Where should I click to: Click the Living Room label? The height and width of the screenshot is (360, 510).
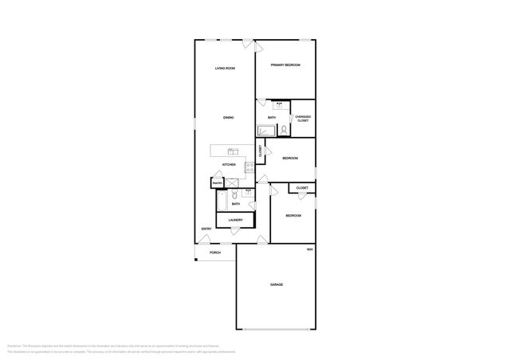tap(225, 68)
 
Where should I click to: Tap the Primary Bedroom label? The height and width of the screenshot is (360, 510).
tap(284, 65)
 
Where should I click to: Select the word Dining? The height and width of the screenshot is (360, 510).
tap(228, 118)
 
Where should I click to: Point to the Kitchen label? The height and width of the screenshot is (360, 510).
tap(229, 165)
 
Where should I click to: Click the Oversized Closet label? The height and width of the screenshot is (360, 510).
tap(303, 119)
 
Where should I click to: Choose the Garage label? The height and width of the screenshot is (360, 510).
tap(276, 284)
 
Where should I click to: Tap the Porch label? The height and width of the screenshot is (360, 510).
tap(214, 252)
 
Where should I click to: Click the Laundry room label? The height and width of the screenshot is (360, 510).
tap(235, 221)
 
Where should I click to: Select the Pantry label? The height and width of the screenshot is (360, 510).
tap(217, 184)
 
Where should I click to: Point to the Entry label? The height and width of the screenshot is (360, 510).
tap(206, 230)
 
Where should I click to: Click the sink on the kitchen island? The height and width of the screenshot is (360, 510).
tap(232, 151)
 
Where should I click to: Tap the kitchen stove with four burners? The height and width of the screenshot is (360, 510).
tap(249, 167)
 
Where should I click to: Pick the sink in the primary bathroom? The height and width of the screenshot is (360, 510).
tap(279, 104)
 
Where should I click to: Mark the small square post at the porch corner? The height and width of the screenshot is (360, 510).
tap(195, 259)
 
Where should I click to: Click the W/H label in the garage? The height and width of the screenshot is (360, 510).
tap(309, 249)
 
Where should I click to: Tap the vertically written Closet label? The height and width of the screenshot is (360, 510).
tap(260, 150)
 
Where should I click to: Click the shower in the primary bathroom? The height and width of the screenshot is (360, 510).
tap(265, 130)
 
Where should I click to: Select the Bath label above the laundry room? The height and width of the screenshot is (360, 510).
tap(236, 204)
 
